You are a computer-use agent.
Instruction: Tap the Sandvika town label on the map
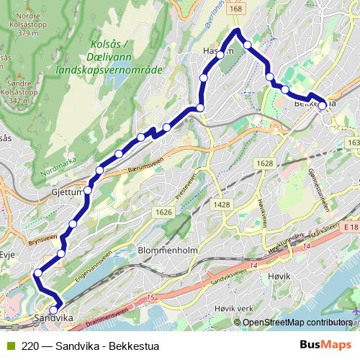(x=55, y=318)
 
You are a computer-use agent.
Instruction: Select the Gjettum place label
(x=68, y=194)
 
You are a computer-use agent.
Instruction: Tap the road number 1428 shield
(x=222, y=205)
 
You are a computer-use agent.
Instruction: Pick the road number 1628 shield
(x=264, y=163)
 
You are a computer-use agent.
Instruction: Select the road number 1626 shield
(x=164, y=212)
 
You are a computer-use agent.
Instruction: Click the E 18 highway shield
(x=351, y=228)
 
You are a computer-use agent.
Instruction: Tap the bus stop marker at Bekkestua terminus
(x=323, y=105)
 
